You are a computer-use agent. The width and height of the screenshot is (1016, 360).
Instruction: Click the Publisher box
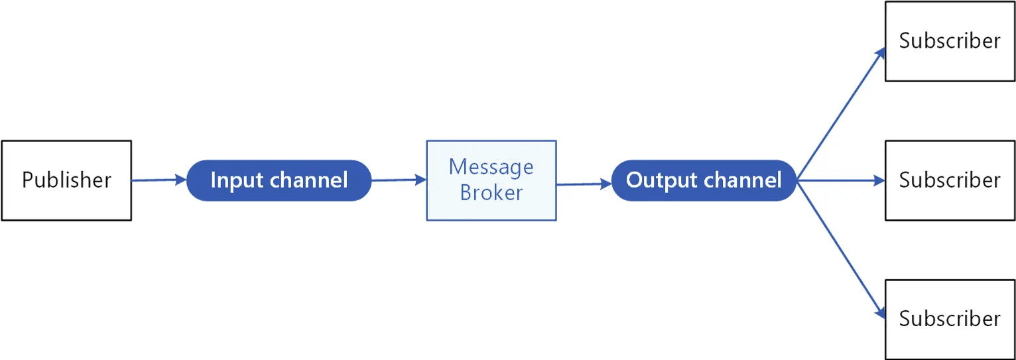pyautogui.click(x=67, y=180)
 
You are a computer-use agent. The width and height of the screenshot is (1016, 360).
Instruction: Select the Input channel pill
pyautogui.click(x=279, y=180)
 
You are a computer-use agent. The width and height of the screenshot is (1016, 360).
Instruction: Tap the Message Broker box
pyautogui.click(x=491, y=180)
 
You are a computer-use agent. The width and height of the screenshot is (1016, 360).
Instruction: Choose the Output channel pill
pyautogui.click(x=704, y=180)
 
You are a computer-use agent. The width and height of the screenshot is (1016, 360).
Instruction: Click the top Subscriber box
pyautogui.click(x=950, y=41)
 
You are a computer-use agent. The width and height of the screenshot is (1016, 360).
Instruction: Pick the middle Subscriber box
pyautogui.click(x=950, y=180)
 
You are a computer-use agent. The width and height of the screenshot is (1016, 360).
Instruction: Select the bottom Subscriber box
pyautogui.click(x=950, y=320)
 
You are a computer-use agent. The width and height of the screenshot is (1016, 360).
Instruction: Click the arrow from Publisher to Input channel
pyautogui.click(x=159, y=180)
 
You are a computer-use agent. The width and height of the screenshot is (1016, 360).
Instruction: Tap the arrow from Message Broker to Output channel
pyautogui.click(x=584, y=184)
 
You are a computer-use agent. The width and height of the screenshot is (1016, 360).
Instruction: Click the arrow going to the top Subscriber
pyautogui.click(x=841, y=114)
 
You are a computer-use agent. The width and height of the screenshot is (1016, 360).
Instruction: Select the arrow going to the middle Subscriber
pyautogui.click(x=841, y=181)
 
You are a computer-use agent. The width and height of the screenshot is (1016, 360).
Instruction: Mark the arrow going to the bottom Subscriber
pyautogui.click(x=841, y=250)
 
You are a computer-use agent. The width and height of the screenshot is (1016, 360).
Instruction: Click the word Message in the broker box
pyautogui.click(x=491, y=168)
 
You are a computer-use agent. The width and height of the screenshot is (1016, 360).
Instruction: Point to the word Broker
pyautogui.click(x=491, y=193)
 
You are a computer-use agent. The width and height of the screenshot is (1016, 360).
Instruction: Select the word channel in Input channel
pyautogui.click(x=309, y=180)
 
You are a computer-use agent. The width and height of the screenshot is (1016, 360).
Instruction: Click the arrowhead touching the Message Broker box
pyautogui.click(x=420, y=180)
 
